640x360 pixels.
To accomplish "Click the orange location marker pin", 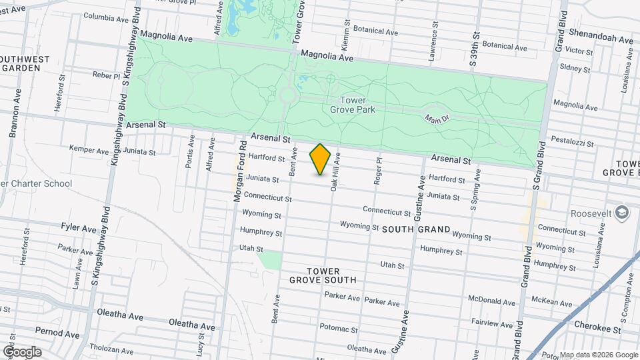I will [x=321, y=159].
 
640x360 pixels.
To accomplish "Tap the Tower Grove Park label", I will [x=358, y=105].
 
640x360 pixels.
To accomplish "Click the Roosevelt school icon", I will [x=621, y=213].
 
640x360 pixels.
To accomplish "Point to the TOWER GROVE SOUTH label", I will [x=323, y=275].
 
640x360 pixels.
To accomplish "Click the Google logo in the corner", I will [x=21, y=351].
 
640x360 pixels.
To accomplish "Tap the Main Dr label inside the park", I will [x=435, y=118].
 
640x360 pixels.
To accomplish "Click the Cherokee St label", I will [x=598, y=329].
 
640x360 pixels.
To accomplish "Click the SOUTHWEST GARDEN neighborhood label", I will [x=25, y=63].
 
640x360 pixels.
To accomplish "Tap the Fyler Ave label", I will [x=79, y=227].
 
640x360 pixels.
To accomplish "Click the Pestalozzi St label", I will [x=572, y=141].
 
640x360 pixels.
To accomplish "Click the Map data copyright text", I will [x=598, y=355].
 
